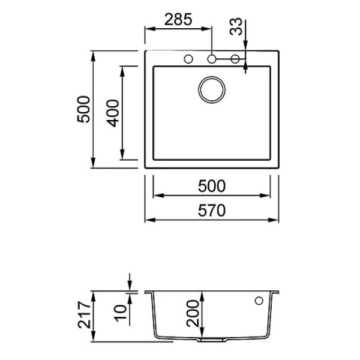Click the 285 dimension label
click(x=178, y=20)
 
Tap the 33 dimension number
click(x=236, y=26)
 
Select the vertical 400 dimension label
click(x=113, y=113)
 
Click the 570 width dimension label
click(x=212, y=211)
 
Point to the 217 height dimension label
click(x=84, y=315)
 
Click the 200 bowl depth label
click(x=193, y=313)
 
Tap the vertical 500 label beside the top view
click(x=83, y=109)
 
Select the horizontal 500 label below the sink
click(x=212, y=186)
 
